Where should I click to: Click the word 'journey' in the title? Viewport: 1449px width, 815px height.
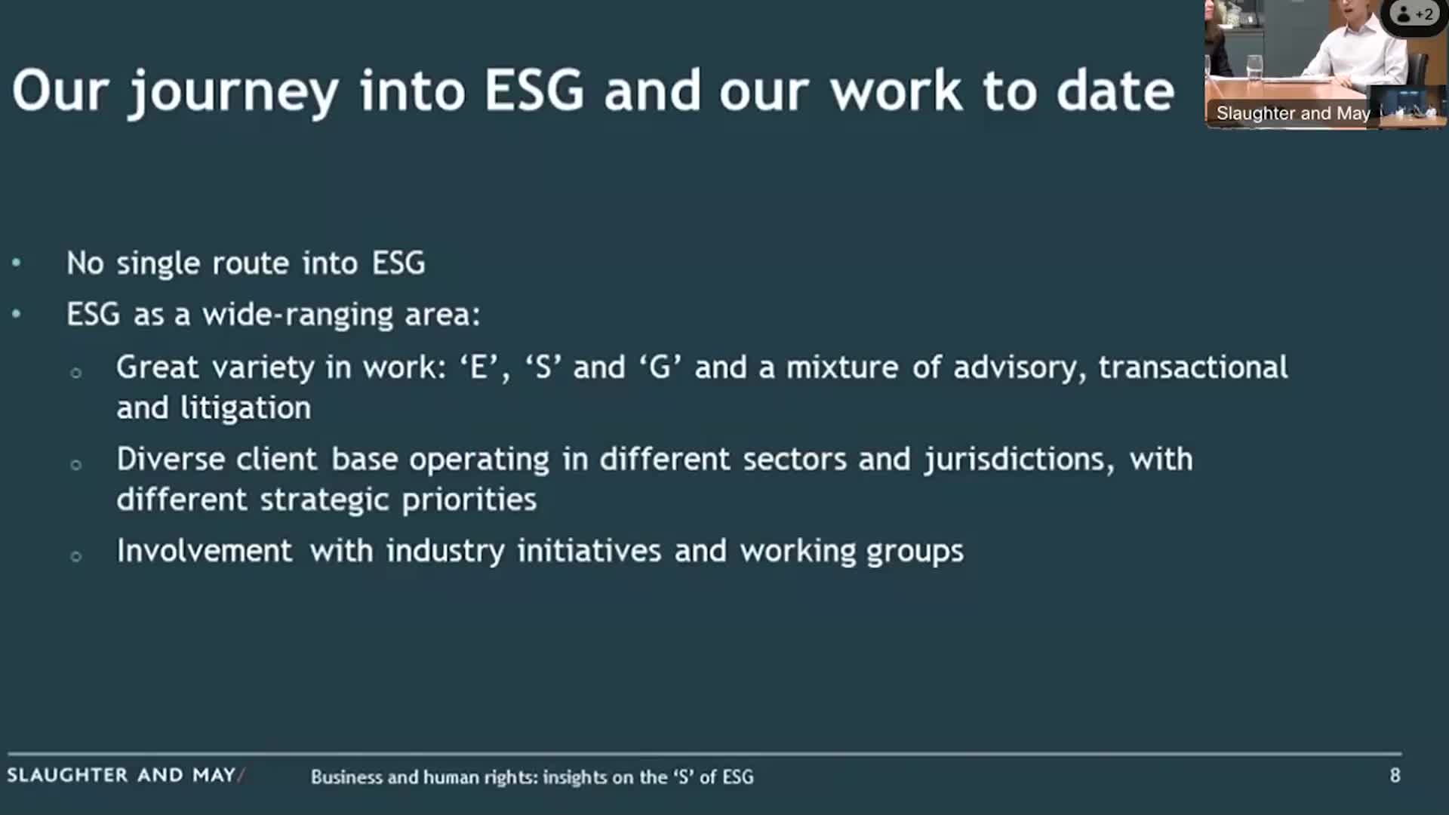point(234,92)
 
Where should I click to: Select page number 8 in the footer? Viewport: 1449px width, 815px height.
point(1395,775)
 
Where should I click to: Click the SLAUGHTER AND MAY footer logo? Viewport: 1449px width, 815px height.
point(125,775)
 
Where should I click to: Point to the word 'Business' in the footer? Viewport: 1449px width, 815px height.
point(346,777)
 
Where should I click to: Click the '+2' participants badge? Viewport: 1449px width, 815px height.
point(1415,14)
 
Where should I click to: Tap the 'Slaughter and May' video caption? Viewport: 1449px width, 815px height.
point(1292,113)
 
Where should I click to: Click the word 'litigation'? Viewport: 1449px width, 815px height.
point(245,408)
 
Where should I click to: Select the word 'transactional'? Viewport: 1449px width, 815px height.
point(1192,368)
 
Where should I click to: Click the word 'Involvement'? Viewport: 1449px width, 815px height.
point(204,551)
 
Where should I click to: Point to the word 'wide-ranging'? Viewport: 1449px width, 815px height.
point(297,315)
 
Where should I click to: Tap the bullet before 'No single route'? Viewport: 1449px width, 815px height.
point(17,263)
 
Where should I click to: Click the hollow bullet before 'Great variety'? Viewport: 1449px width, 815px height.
point(75,372)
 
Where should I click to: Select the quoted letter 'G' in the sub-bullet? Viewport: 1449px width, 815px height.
point(660,368)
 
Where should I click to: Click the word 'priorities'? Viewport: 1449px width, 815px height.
point(469,500)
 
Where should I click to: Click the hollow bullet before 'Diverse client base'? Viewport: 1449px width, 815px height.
point(75,464)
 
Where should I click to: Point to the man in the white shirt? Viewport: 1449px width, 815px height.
point(1358,45)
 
